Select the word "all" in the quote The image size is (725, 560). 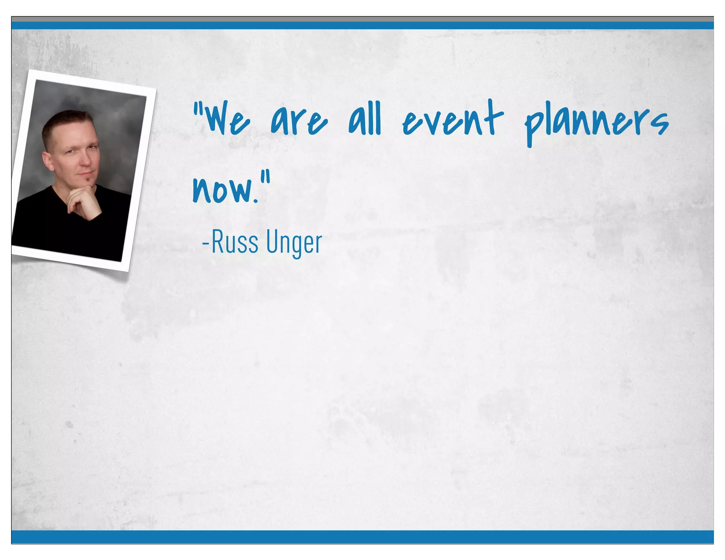click(x=365, y=119)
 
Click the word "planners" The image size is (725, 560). click(x=596, y=122)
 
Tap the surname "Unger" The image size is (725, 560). click(x=294, y=243)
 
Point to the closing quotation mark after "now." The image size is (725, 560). click(x=267, y=176)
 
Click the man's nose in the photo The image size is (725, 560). click(x=84, y=161)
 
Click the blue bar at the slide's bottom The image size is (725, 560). click(x=362, y=537)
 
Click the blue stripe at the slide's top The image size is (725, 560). click(x=362, y=25)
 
